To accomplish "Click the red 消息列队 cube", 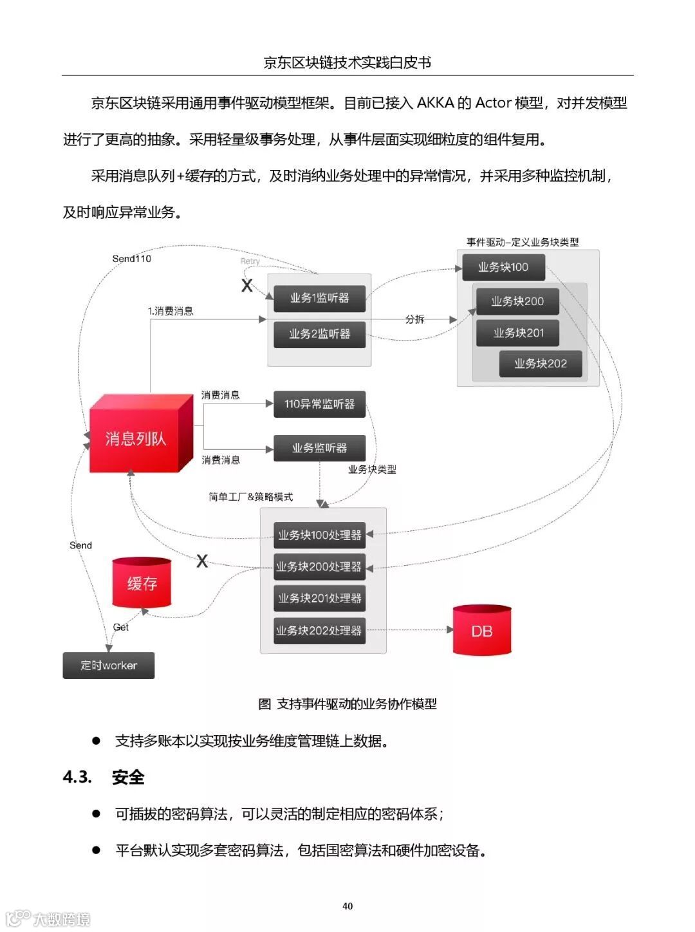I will coord(136,438).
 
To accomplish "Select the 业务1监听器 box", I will coord(319,298).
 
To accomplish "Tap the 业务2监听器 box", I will coord(319,334).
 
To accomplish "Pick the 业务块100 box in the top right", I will coord(503,267).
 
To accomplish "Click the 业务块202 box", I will coord(541,364).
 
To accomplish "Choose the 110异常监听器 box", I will coord(319,404).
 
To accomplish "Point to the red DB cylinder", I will coord(482,631).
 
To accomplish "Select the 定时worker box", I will coord(108,666).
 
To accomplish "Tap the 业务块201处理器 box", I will coord(319,599).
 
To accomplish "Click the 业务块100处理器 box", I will coord(319,535).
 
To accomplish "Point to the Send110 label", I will coord(132,259).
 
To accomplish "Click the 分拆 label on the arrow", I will coord(415,319).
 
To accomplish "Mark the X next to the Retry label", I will coord(246,286).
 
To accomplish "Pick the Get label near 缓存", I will coord(120,627).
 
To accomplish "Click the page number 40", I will coord(347,906).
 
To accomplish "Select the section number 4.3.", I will coord(77,777).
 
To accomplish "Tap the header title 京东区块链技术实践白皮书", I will coord(347,62).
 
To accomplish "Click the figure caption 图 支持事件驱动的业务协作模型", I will coord(347,704).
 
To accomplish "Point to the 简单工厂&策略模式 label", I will coord(251,497).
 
